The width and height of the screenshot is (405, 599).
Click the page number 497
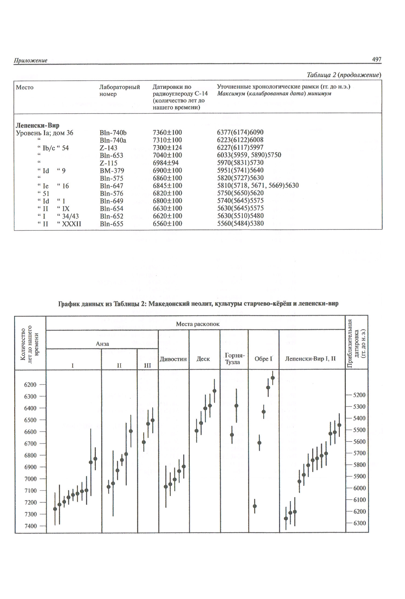click(376, 59)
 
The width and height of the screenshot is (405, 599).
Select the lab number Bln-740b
click(113, 133)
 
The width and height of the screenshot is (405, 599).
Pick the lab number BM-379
click(112, 171)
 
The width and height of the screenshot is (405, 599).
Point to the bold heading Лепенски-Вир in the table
click(37, 125)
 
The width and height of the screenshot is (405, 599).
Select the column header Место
click(25, 87)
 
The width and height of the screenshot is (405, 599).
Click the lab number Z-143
click(108, 148)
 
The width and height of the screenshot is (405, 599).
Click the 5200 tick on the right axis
click(359, 395)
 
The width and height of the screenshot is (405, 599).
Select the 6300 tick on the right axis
click(359, 523)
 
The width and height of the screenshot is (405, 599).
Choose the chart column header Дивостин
click(173, 359)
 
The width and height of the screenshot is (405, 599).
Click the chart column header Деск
click(203, 359)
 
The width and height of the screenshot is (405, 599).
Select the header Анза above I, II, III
click(102, 344)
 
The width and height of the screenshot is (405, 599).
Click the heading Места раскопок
click(198, 324)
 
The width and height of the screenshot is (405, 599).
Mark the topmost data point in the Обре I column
click(273, 378)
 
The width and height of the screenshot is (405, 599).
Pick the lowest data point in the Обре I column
click(255, 506)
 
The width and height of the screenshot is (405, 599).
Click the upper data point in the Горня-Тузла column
click(236, 406)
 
